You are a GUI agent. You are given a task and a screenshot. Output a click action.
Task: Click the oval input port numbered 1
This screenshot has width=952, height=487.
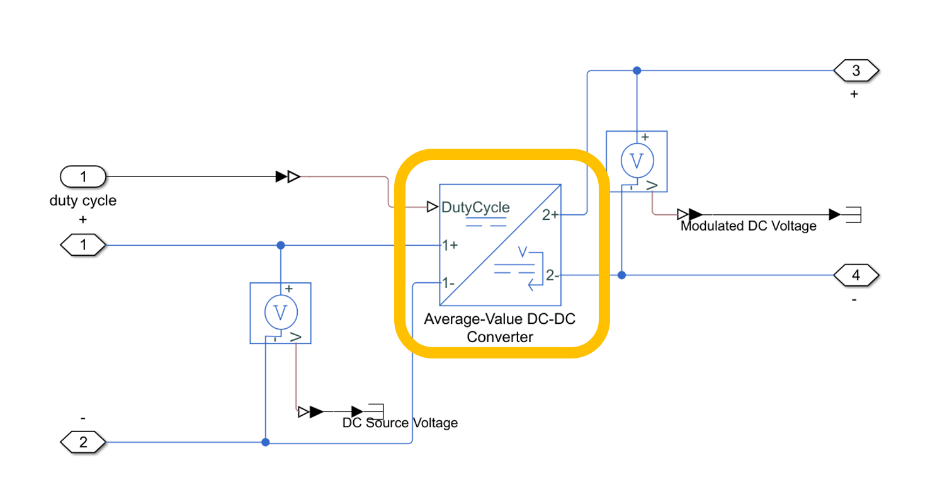83,177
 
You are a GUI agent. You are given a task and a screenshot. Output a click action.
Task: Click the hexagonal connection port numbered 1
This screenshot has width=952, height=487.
83,244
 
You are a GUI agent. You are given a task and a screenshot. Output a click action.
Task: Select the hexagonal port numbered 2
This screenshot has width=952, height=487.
83,443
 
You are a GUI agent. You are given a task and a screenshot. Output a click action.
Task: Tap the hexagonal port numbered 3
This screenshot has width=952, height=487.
856,71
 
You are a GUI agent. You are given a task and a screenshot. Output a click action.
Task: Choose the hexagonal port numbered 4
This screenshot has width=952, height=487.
856,275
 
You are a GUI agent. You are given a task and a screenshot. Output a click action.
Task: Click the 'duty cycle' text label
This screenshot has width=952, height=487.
83,201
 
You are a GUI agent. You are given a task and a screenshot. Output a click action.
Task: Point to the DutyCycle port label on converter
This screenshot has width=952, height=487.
476,207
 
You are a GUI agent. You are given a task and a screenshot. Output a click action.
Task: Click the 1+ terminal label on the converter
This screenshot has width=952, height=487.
450,245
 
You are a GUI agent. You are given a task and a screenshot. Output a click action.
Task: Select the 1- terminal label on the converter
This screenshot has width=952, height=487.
448,283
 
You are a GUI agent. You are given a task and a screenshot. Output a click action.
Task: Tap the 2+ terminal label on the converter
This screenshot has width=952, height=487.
550,215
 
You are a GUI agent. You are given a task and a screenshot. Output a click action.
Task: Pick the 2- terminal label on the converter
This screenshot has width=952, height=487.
552,275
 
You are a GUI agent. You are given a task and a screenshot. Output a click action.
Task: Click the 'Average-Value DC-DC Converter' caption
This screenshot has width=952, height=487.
501,328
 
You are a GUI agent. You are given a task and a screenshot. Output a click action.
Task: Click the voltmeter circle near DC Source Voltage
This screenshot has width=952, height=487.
280,312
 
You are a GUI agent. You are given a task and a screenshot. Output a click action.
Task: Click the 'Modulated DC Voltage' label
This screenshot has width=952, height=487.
748,226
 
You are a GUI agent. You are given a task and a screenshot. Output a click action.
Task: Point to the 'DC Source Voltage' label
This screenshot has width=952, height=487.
400,423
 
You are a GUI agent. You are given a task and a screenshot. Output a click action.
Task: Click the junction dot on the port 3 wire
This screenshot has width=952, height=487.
637,71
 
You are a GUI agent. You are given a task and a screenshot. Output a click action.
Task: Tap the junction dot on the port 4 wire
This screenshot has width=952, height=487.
621,275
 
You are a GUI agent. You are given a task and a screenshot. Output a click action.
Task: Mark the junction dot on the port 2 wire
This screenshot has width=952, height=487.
266,443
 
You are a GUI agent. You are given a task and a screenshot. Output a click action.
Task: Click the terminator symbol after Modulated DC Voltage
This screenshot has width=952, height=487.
853,215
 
